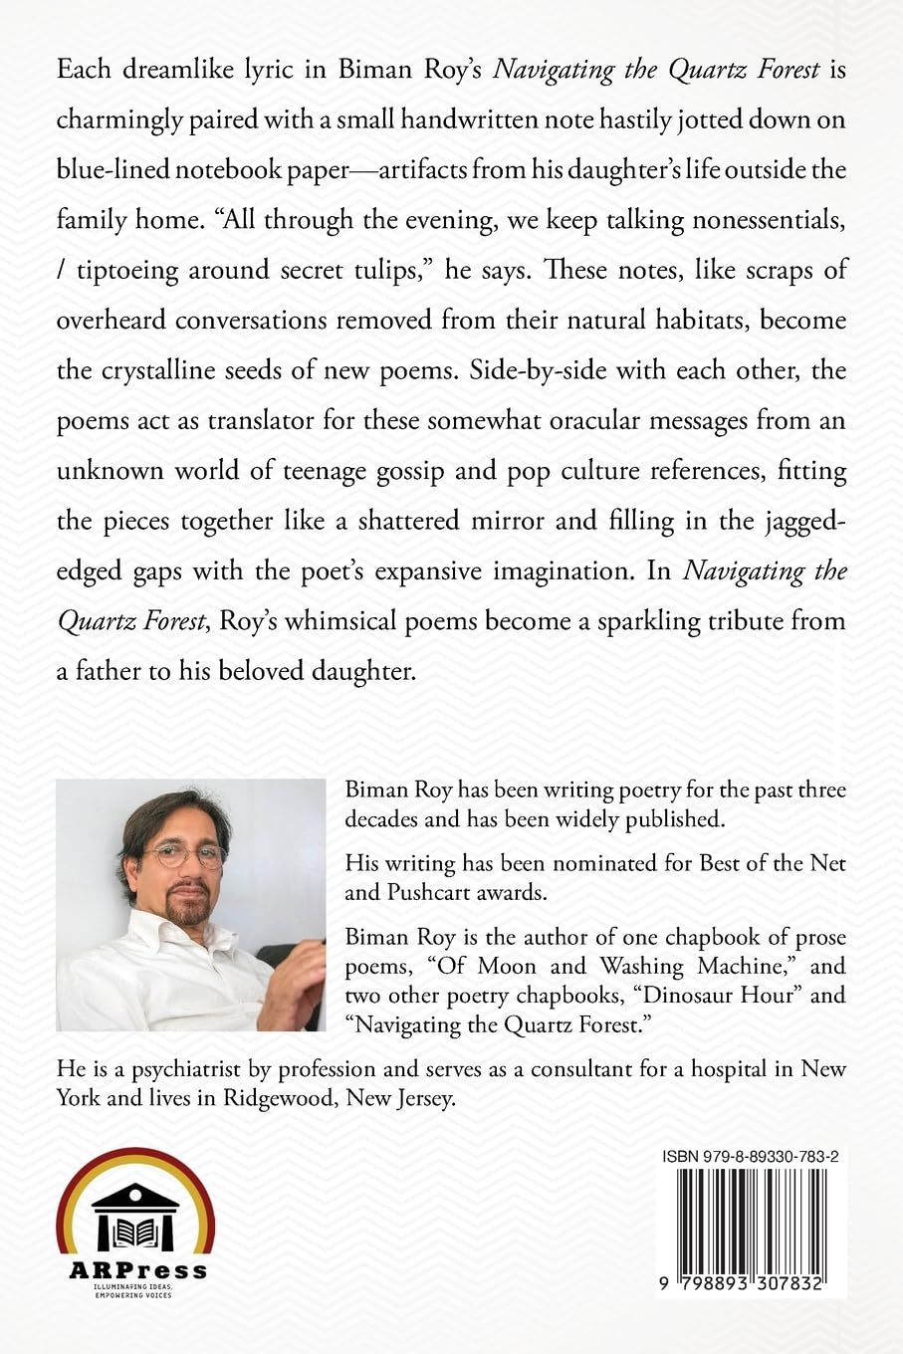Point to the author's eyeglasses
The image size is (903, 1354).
(184, 853)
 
